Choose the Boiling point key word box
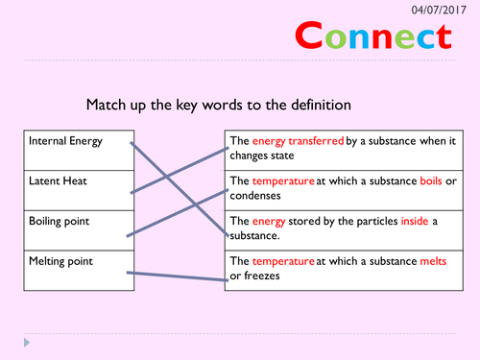click(75, 228)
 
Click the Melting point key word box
click(75, 268)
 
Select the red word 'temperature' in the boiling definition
click(284, 180)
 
